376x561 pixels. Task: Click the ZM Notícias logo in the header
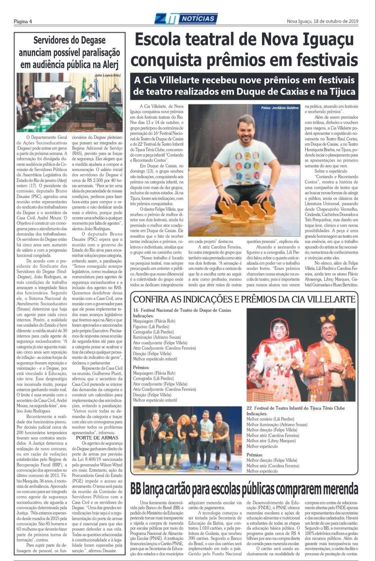pyautogui.click(x=186, y=18)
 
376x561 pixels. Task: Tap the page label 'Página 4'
pyautogui.click(x=23, y=21)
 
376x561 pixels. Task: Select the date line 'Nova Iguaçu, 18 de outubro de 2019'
pyautogui.click(x=322, y=21)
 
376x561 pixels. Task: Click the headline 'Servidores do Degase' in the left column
pyautogui.click(x=69, y=40)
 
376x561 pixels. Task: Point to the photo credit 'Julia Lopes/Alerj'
pyautogui.click(x=107, y=75)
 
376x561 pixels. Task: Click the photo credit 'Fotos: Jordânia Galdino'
pyautogui.click(x=280, y=108)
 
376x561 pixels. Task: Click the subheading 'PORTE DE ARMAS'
pyautogui.click(x=97, y=438)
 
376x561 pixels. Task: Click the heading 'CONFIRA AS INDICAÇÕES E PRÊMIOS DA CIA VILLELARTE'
pyautogui.click(x=244, y=299)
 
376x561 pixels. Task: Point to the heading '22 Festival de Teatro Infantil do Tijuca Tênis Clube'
pyautogui.click(x=295, y=408)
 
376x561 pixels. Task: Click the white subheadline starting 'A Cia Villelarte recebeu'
pyautogui.click(x=244, y=86)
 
